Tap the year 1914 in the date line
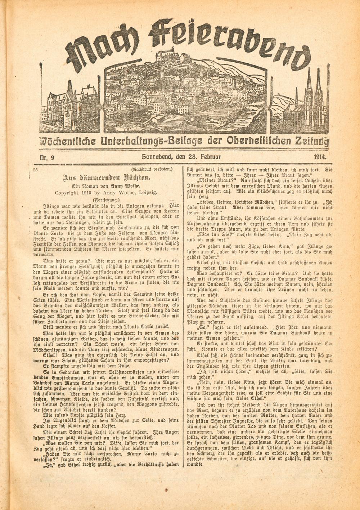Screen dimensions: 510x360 tap(320, 157)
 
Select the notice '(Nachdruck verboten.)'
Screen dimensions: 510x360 tap(152, 169)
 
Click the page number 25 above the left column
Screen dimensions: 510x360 tap(35, 169)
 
